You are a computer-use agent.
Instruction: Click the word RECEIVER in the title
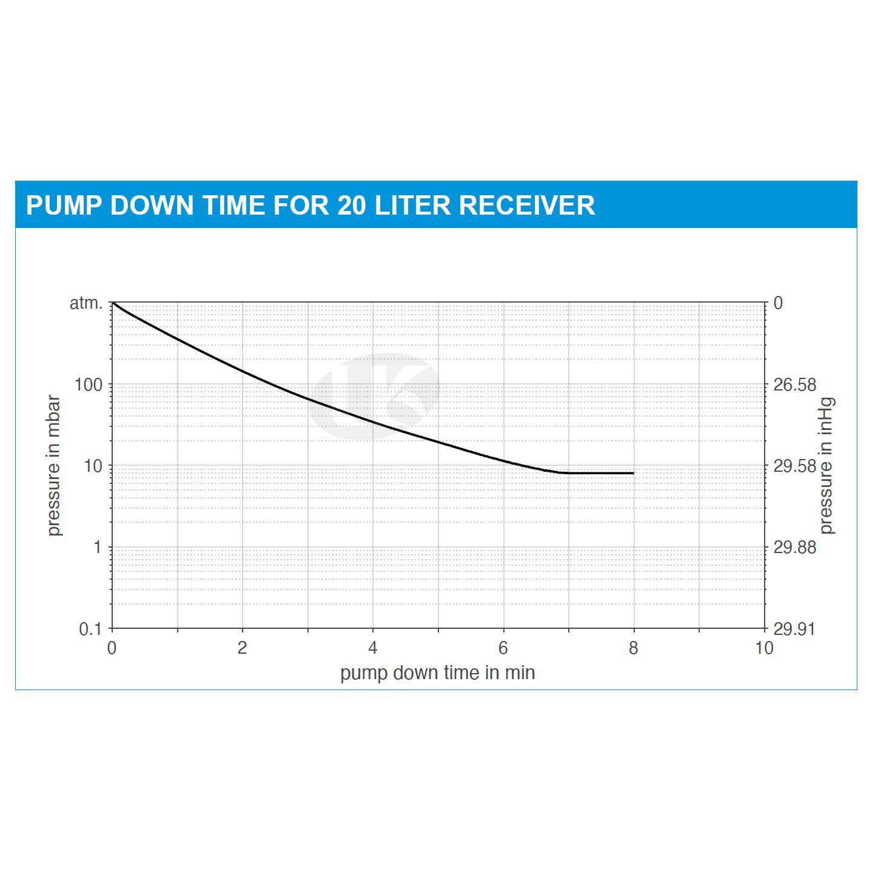526,206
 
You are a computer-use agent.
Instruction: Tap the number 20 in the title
351,206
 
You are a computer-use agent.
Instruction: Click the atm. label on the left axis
86,303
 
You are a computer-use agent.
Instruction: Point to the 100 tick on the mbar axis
89,384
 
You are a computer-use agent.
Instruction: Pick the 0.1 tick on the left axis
90,629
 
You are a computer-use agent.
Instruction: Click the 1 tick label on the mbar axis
98,548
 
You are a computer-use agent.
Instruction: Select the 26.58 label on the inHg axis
795,385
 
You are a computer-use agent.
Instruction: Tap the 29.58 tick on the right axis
795,466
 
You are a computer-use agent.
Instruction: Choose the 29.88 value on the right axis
795,548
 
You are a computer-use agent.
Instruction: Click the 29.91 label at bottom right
795,629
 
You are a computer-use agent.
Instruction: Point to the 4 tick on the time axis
372,648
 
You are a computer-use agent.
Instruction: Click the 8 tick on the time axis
633,648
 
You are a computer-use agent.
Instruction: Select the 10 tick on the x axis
764,648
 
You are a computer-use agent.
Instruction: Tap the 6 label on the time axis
503,648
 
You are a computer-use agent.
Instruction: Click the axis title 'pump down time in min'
437,673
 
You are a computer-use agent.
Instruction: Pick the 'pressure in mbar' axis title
54,466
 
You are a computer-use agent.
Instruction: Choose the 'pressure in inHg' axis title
827,466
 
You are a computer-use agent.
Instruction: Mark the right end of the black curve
633,473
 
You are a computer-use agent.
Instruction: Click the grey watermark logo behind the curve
374,395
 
